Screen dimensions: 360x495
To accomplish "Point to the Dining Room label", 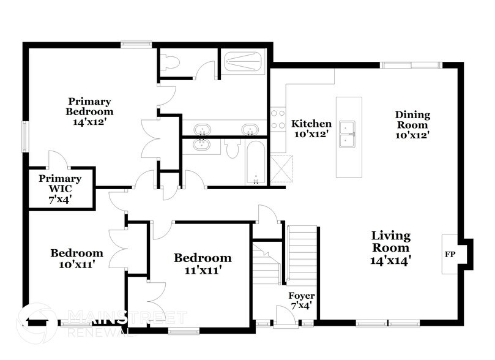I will (x=412, y=125).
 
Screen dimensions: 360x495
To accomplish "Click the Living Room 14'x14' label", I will (x=391, y=247).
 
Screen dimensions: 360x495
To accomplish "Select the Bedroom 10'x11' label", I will (x=76, y=258).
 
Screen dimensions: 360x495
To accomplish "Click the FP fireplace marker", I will (x=450, y=252).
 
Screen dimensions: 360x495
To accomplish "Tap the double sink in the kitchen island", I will (x=349, y=135).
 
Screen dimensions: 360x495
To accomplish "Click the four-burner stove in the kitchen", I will (x=278, y=119).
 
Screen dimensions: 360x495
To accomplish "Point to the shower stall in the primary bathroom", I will (x=244, y=62).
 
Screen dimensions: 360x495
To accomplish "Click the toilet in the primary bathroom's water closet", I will (x=171, y=62).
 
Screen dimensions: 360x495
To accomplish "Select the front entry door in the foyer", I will (x=283, y=316).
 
